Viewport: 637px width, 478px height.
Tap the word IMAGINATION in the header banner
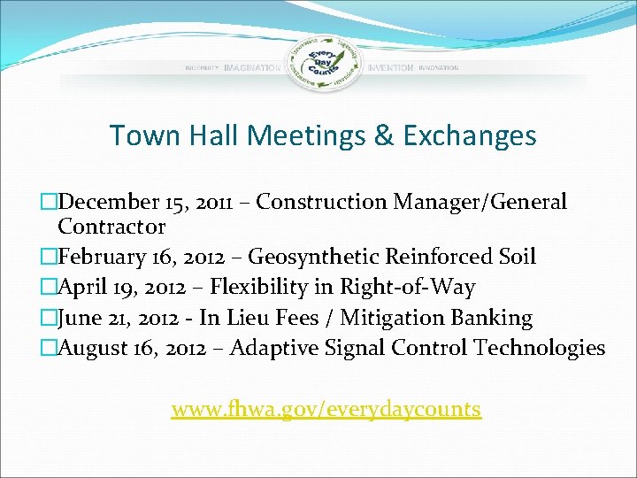(252, 68)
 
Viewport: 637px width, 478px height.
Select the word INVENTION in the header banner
(390, 68)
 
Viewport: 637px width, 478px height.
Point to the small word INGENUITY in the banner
(203, 68)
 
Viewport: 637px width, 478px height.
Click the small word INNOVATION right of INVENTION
(439, 68)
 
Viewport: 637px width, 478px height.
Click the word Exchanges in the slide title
(470, 135)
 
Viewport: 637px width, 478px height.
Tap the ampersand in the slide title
(383, 135)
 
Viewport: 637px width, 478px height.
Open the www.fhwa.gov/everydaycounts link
(326, 409)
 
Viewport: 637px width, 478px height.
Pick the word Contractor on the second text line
(111, 227)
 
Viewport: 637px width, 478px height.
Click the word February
(101, 257)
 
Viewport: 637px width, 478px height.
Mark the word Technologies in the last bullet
(540, 348)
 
